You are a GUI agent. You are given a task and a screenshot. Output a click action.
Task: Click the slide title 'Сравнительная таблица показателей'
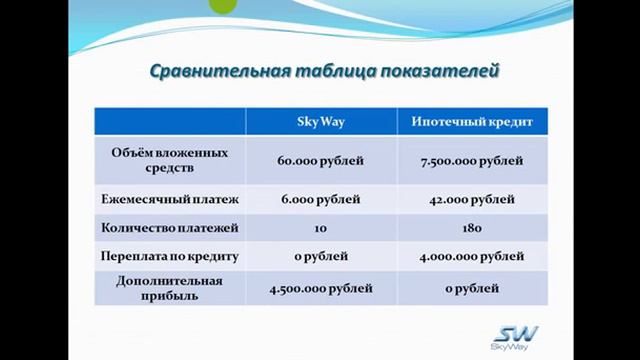[x=323, y=72]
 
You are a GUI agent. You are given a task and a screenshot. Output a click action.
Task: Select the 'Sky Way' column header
[x=321, y=122]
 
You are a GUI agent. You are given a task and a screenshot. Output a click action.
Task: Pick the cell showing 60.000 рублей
[x=321, y=160]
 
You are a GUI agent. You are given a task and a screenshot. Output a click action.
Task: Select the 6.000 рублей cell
[x=321, y=199]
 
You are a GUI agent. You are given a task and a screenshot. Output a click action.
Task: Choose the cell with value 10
[x=321, y=228]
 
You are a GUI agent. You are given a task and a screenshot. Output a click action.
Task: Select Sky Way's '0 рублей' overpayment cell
[x=321, y=257]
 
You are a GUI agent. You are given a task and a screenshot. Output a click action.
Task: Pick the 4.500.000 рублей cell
[x=321, y=289]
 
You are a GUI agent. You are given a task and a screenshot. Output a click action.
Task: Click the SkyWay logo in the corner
[x=515, y=338]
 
